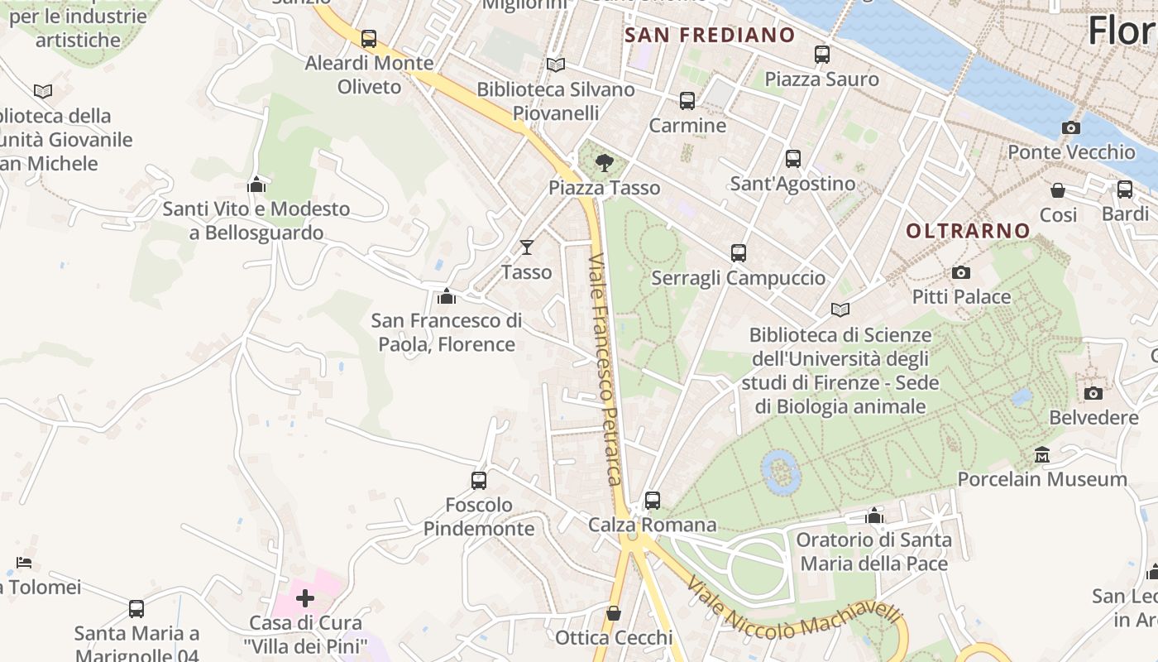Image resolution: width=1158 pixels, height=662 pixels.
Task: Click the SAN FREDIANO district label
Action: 710,36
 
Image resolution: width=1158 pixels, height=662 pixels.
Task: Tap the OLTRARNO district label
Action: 968,231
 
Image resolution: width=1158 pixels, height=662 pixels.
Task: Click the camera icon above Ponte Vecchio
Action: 1071,127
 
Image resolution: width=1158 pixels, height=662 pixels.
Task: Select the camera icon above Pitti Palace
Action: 961,272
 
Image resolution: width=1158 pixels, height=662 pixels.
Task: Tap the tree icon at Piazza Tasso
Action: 605,161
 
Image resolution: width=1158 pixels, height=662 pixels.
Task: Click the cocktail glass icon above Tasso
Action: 526,247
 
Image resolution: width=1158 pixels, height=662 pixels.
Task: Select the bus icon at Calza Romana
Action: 653,500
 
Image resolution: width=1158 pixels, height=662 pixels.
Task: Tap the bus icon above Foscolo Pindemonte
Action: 479,480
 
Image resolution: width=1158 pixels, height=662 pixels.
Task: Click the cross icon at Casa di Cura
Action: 305,597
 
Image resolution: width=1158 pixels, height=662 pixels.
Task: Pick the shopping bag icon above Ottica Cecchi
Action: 614,613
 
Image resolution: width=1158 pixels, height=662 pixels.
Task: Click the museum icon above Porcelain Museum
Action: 1042,454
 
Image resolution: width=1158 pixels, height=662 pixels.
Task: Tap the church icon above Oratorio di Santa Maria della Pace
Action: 874,516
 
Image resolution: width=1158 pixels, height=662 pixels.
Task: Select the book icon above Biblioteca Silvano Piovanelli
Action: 556,65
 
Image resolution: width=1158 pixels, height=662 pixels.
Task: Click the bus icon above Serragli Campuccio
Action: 739,253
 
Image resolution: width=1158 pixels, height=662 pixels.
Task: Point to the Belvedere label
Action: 1093,417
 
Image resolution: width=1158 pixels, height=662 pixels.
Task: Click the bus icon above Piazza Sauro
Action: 821,55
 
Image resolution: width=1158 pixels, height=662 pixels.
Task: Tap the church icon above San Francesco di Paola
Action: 447,295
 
